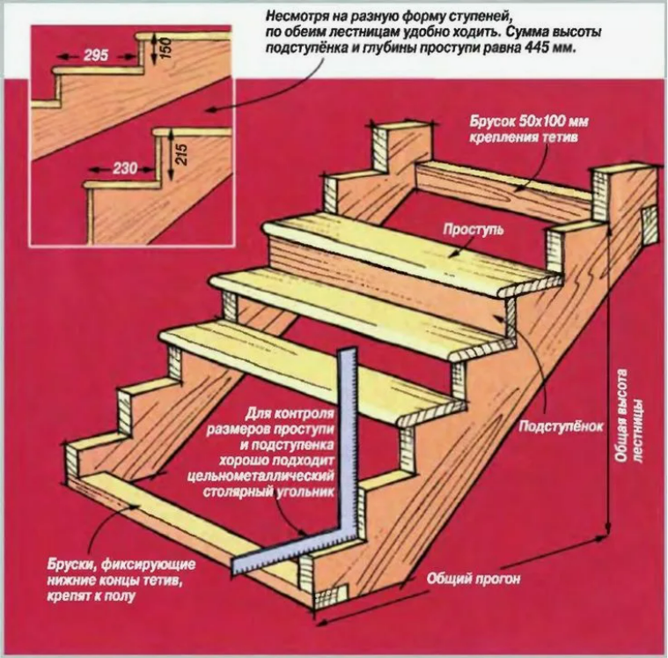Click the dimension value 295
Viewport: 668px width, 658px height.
(96, 55)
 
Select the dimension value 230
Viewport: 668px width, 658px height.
(125, 169)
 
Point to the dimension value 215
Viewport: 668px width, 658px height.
(181, 155)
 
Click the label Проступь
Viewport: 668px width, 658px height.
(473, 230)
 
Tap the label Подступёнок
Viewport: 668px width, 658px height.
(561, 426)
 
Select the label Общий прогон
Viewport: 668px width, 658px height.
(473, 579)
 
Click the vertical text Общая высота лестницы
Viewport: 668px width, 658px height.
(628, 416)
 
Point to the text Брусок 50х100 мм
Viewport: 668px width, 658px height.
(529, 122)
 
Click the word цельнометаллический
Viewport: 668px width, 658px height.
(261, 476)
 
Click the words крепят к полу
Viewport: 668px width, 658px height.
(92, 595)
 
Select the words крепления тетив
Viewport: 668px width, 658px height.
(524, 137)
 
